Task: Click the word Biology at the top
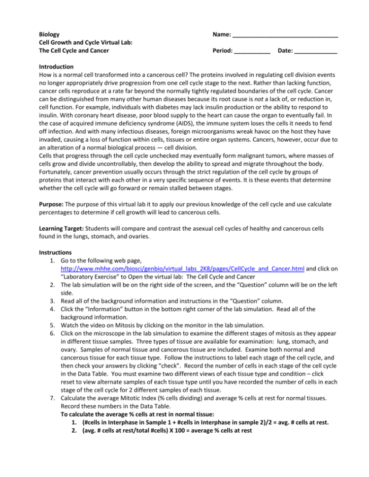(x=49, y=35)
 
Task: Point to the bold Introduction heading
(x=56, y=66)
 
